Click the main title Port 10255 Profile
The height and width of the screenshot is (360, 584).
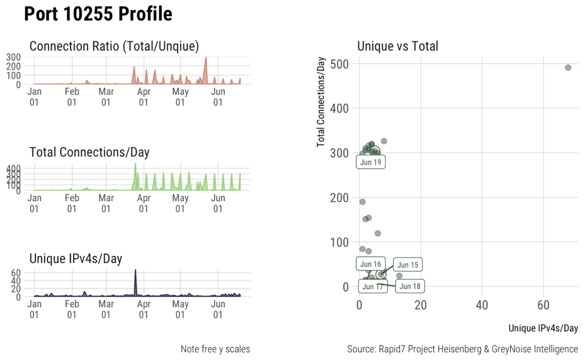[x=98, y=14]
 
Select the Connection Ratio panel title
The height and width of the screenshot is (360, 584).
[x=114, y=46]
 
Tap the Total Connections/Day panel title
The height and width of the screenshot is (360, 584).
[x=89, y=152]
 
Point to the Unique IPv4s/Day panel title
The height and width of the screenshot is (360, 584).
[x=76, y=259]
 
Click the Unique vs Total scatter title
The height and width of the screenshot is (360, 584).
[x=398, y=46]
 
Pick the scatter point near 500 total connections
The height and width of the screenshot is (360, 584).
[x=568, y=68]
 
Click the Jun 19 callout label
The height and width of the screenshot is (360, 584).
[x=371, y=162]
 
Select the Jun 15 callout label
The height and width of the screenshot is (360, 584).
[x=408, y=265]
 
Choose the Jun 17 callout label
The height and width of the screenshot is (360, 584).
[x=373, y=286]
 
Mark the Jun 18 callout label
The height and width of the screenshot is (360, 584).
[x=410, y=286]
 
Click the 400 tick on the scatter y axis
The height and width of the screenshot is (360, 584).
[x=341, y=108]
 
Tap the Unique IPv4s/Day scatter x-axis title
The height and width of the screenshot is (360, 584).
[x=543, y=328]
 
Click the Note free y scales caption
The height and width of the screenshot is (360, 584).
[x=215, y=349]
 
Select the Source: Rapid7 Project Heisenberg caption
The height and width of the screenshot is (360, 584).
[x=462, y=349]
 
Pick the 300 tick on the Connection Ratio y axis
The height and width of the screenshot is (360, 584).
[x=14, y=57]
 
